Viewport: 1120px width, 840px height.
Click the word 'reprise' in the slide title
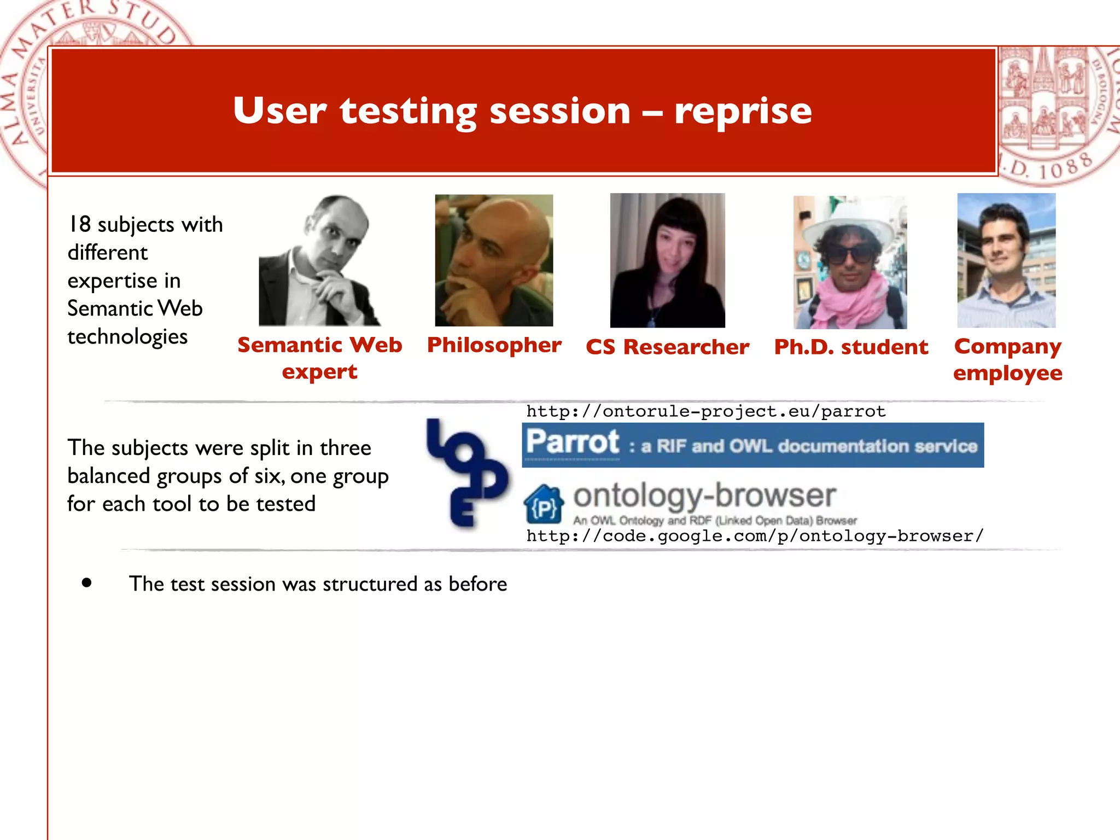pos(743,111)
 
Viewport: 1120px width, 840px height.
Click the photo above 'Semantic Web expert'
pos(319,261)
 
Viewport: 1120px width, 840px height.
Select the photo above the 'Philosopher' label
pos(494,260)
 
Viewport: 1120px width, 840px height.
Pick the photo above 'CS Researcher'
pos(667,260)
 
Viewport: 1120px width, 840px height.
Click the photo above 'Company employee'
pos(1006,260)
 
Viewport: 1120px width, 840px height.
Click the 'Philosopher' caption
pos(494,345)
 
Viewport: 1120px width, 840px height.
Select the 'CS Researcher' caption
pos(667,347)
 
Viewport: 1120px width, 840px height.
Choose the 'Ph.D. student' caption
pos(851,347)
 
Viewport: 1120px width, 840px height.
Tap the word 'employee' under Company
pos(1007,373)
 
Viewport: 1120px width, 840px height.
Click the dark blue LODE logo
pos(466,473)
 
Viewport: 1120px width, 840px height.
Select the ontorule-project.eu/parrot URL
pos(705,411)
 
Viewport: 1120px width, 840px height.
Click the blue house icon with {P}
pos(543,504)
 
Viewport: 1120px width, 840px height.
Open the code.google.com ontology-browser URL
pos(755,536)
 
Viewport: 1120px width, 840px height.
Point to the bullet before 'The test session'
pos(86,583)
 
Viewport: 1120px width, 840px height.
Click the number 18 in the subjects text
pos(79,224)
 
